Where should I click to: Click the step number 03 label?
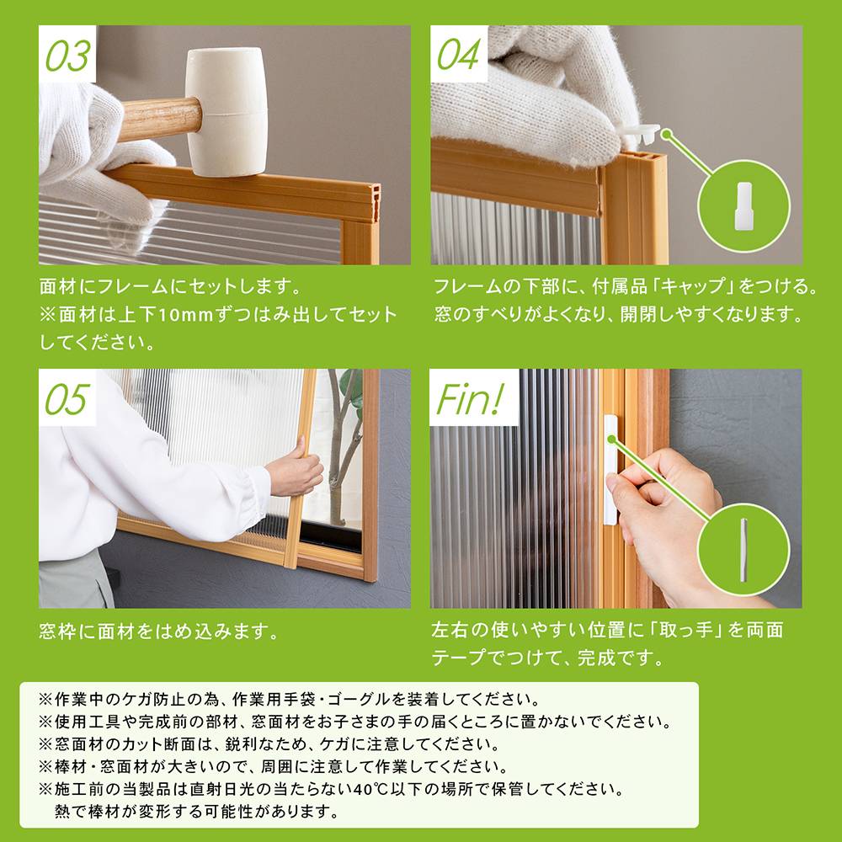(x=67, y=56)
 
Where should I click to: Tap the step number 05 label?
(x=67, y=400)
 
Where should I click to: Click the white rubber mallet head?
(x=226, y=110)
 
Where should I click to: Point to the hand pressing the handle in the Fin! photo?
(x=665, y=505)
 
